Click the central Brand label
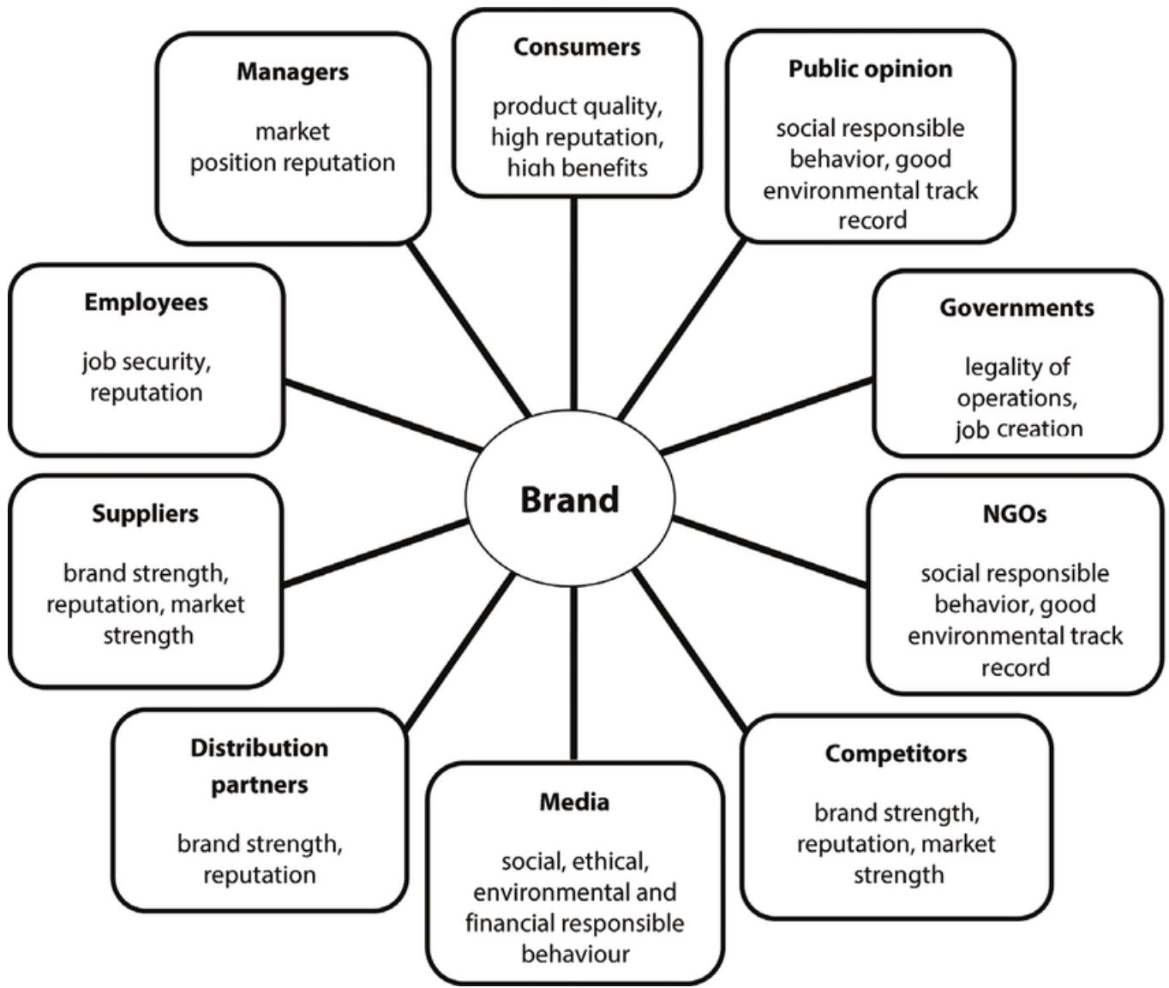pos(569,500)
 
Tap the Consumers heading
pos(577,47)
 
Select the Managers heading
pos(292,72)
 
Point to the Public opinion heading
pos(870,69)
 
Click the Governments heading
pos(1016,308)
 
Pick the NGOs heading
pos(1014,514)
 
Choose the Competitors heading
pos(896,754)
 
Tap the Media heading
pos(574,803)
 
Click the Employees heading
pos(146,302)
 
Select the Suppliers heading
pos(145,514)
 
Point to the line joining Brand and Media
pos(573,673)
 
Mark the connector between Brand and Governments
pos(767,416)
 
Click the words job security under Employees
pos(146,362)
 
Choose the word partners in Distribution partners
pos(259,785)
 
